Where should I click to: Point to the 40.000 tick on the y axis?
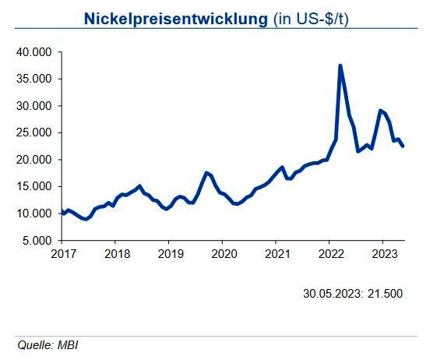[x=35, y=52]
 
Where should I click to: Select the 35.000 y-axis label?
[x=35, y=79]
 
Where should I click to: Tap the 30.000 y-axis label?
[x=35, y=106]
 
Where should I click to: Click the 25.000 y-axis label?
[x=35, y=132]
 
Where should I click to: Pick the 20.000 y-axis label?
[x=35, y=160]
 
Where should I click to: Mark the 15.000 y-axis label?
[x=35, y=186]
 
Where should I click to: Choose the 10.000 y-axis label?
[x=35, y=214]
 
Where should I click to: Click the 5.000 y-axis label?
[x=37, y=240]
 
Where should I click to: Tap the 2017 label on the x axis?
[x=62, y=254]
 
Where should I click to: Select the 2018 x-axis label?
[x=116, y=254]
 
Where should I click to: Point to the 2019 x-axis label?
[x=170, y=254]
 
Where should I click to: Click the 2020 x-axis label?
[x=224, y=254]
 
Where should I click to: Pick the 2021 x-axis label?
[x=277, y=254]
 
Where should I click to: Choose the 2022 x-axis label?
[x=331, y=254]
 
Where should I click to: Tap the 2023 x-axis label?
[x=384, y=254]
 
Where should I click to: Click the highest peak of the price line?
[x=340, y=65]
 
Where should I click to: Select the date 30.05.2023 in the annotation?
[x=330, y=294]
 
